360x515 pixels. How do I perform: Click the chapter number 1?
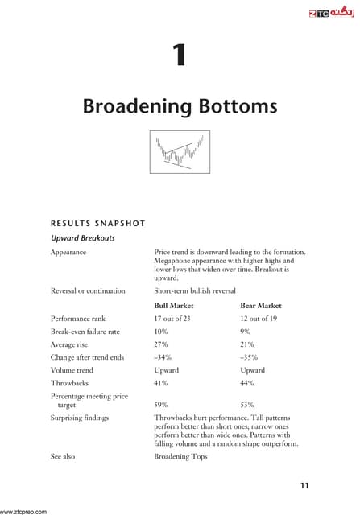180,54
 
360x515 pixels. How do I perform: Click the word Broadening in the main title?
133,106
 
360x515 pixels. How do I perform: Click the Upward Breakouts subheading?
81,238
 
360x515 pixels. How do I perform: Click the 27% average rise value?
160,345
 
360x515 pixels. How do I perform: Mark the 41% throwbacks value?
160,383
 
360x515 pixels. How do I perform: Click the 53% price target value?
247,405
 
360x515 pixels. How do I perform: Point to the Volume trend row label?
72,370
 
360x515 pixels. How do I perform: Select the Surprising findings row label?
79,418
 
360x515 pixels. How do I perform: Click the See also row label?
63,456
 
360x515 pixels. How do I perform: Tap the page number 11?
304,484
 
